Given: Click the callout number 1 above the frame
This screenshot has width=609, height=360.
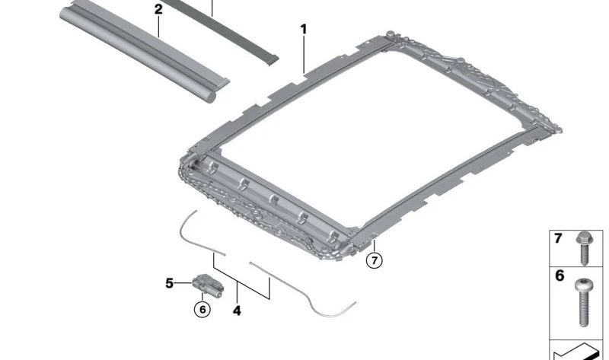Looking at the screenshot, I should point(303,30).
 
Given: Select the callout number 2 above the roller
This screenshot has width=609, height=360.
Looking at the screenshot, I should point(158,10).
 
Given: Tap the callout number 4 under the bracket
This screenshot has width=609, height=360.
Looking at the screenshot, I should point(237,311).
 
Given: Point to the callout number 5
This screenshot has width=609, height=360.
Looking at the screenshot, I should point(170,284).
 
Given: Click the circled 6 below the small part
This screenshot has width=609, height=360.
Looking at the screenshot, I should point(202,310).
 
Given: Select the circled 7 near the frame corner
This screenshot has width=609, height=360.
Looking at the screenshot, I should point(373,260).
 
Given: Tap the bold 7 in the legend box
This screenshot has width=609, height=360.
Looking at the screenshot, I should point(558,239).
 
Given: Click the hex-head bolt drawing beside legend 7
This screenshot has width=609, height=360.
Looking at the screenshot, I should point(584,247).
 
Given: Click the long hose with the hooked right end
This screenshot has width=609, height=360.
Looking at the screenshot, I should point(304,289).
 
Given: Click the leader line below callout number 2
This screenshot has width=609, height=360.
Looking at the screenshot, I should point(158,27).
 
